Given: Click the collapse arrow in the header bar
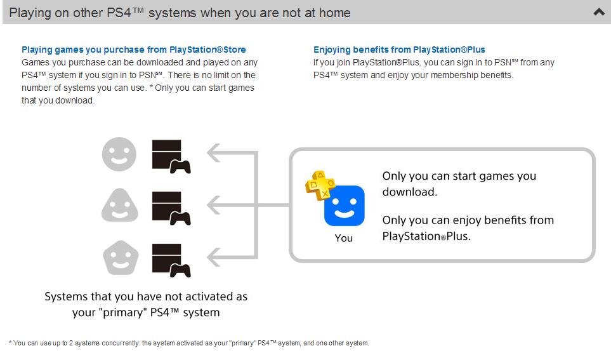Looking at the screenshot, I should tap(598, 12).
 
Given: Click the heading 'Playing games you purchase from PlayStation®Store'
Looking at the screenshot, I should tap(134, 50).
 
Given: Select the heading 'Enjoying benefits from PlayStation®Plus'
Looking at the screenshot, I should tap(399, 50).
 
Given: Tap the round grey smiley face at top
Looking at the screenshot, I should tap(119, 154).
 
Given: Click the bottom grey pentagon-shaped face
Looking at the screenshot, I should tap(119, 258).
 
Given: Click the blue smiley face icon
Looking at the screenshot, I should tap(344, 206).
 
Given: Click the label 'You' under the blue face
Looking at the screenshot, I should tap(344, 238).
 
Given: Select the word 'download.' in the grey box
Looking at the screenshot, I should tap(409, 192).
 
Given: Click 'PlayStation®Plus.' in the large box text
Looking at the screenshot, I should tap(426, 236).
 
